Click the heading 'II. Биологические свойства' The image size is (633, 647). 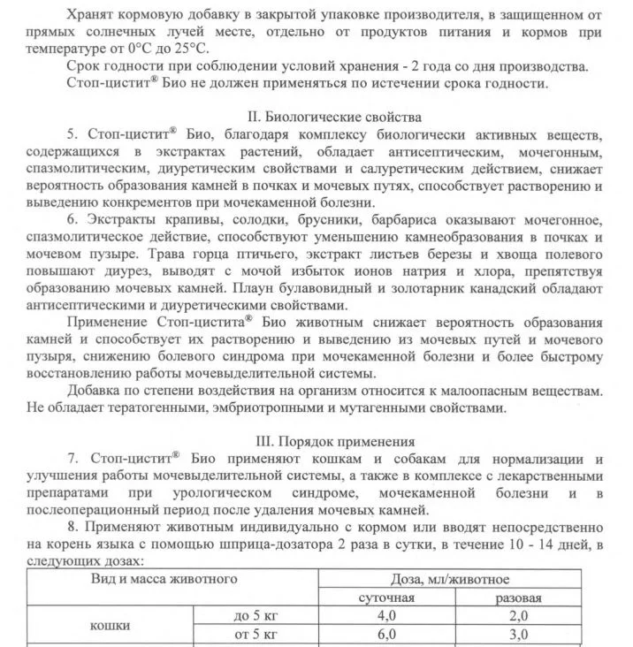(x=337, y=117)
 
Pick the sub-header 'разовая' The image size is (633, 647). (x=518, y=598)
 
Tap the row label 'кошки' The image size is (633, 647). (x=111, y=625)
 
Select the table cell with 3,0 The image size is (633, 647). (x=518, y=635)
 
